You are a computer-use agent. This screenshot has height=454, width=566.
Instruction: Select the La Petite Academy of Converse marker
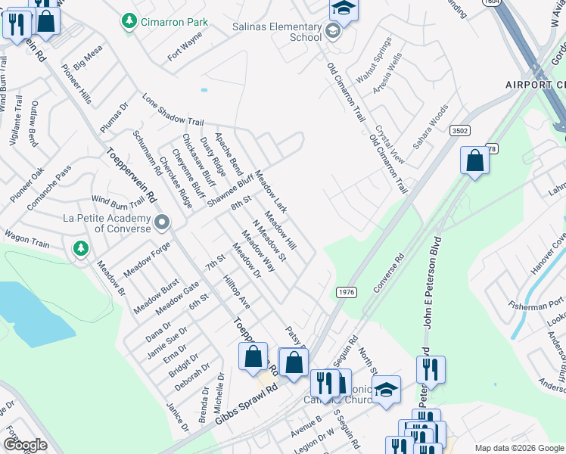click(162, 222)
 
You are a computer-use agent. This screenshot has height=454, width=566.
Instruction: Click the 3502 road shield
click(459, 131)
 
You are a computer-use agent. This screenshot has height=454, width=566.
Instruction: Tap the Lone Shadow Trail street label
click(173, 110)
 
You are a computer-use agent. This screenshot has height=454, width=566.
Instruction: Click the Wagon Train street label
click(28, 239)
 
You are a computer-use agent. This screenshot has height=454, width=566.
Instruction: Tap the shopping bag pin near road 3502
click(474, 160)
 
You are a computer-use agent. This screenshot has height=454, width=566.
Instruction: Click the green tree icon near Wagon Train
click(80, 247)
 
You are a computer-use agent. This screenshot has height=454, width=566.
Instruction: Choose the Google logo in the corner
click(24, 445)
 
